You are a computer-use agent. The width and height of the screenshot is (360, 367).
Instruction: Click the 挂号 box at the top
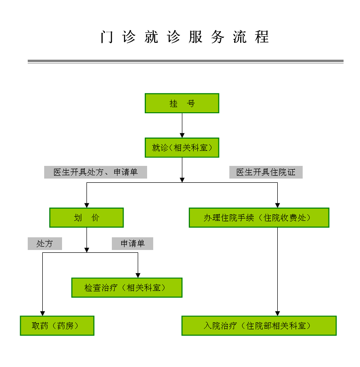(x=182, y=103)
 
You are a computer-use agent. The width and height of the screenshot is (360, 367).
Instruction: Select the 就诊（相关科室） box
(x=182, y=148)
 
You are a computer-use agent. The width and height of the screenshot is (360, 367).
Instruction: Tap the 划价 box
(x=86, y=218)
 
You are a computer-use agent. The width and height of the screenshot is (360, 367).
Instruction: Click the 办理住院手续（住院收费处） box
(x=259, y=218)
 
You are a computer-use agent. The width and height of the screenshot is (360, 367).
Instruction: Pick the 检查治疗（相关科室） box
(x=126, y=288)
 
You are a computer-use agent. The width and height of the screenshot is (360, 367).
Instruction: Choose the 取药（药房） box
(x=57, y=326)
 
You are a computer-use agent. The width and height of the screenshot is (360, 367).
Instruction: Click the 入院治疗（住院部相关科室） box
(x=259, y=326)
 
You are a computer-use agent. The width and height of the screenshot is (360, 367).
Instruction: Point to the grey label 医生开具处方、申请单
(x=95, y=172)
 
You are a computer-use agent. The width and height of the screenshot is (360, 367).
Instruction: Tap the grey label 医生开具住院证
(x=266, y=172)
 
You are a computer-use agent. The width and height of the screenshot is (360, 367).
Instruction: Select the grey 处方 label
(x=45, y=243)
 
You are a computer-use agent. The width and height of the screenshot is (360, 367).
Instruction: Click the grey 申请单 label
(x=132, y=243)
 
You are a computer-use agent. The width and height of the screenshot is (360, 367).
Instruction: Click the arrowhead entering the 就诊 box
(x=182, y=135)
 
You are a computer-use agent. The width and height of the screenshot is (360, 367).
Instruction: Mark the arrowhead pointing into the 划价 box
(x=86, y=205)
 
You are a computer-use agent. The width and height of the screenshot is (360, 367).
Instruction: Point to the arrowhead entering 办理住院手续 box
(x=277, y=205)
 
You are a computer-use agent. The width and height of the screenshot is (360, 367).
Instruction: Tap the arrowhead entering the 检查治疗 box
(x=138, y=275)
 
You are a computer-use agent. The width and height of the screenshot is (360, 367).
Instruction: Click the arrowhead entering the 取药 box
(x=42, y=313)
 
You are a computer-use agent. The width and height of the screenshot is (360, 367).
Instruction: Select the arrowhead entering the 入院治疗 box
(x=277, y=313)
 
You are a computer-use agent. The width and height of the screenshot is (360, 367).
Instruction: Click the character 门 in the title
(x=107, y=37)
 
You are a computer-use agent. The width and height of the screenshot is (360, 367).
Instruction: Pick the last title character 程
(x=262, y=37)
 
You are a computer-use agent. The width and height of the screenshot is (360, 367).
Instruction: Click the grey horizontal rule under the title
(x=185, y=61)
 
